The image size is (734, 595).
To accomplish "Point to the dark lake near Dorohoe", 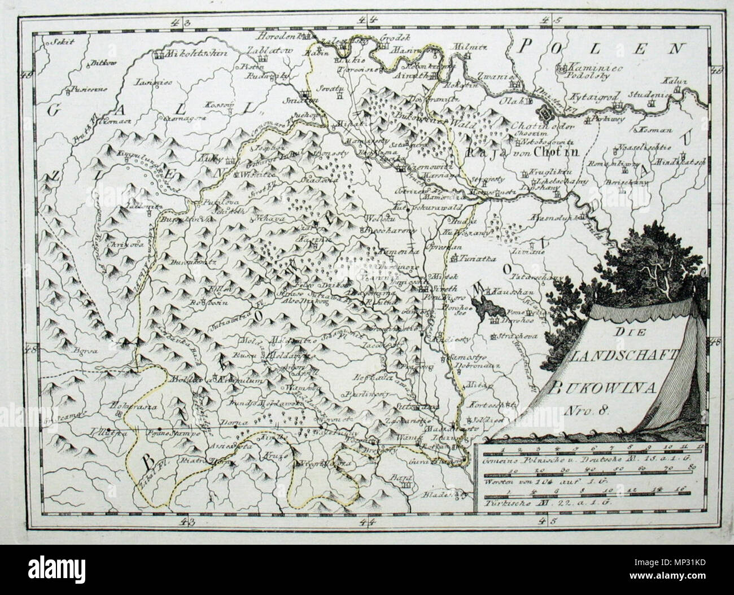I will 484,308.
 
